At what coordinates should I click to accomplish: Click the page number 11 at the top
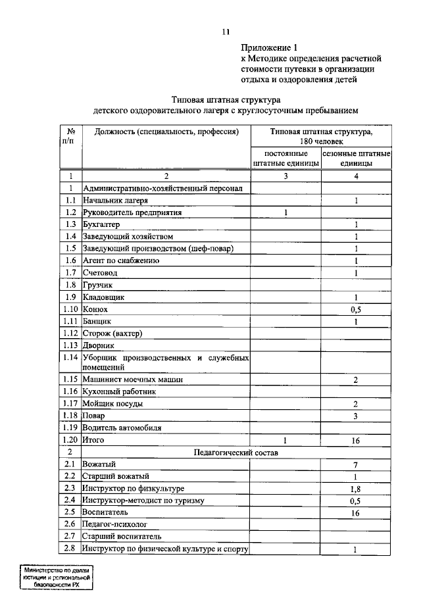click(x=226, y=32)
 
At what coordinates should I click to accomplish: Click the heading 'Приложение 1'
click(x=269, y=47)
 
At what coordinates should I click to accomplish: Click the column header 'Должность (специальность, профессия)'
click(x=165, y=132)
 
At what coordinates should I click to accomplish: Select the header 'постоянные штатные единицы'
click(x=286, y=158)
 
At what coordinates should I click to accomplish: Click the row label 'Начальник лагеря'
click(x=115, y=200)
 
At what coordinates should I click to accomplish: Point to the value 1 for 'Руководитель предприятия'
click(x=286, y=212)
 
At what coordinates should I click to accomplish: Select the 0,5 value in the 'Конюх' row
click(x=356, y=309)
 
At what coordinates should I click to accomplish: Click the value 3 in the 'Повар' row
click(x=356, y=416)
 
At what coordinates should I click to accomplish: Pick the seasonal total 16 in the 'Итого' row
click(x=356, y=440)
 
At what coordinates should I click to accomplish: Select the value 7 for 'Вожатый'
click(x=356, y=465)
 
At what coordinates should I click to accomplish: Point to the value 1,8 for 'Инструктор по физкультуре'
click(x=356, y=489)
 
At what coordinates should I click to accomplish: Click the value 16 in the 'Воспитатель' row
click(x=356, y=513)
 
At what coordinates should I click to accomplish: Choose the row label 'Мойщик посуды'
click(x=112, y=404)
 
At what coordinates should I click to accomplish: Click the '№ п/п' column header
click(x=70, y=136)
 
